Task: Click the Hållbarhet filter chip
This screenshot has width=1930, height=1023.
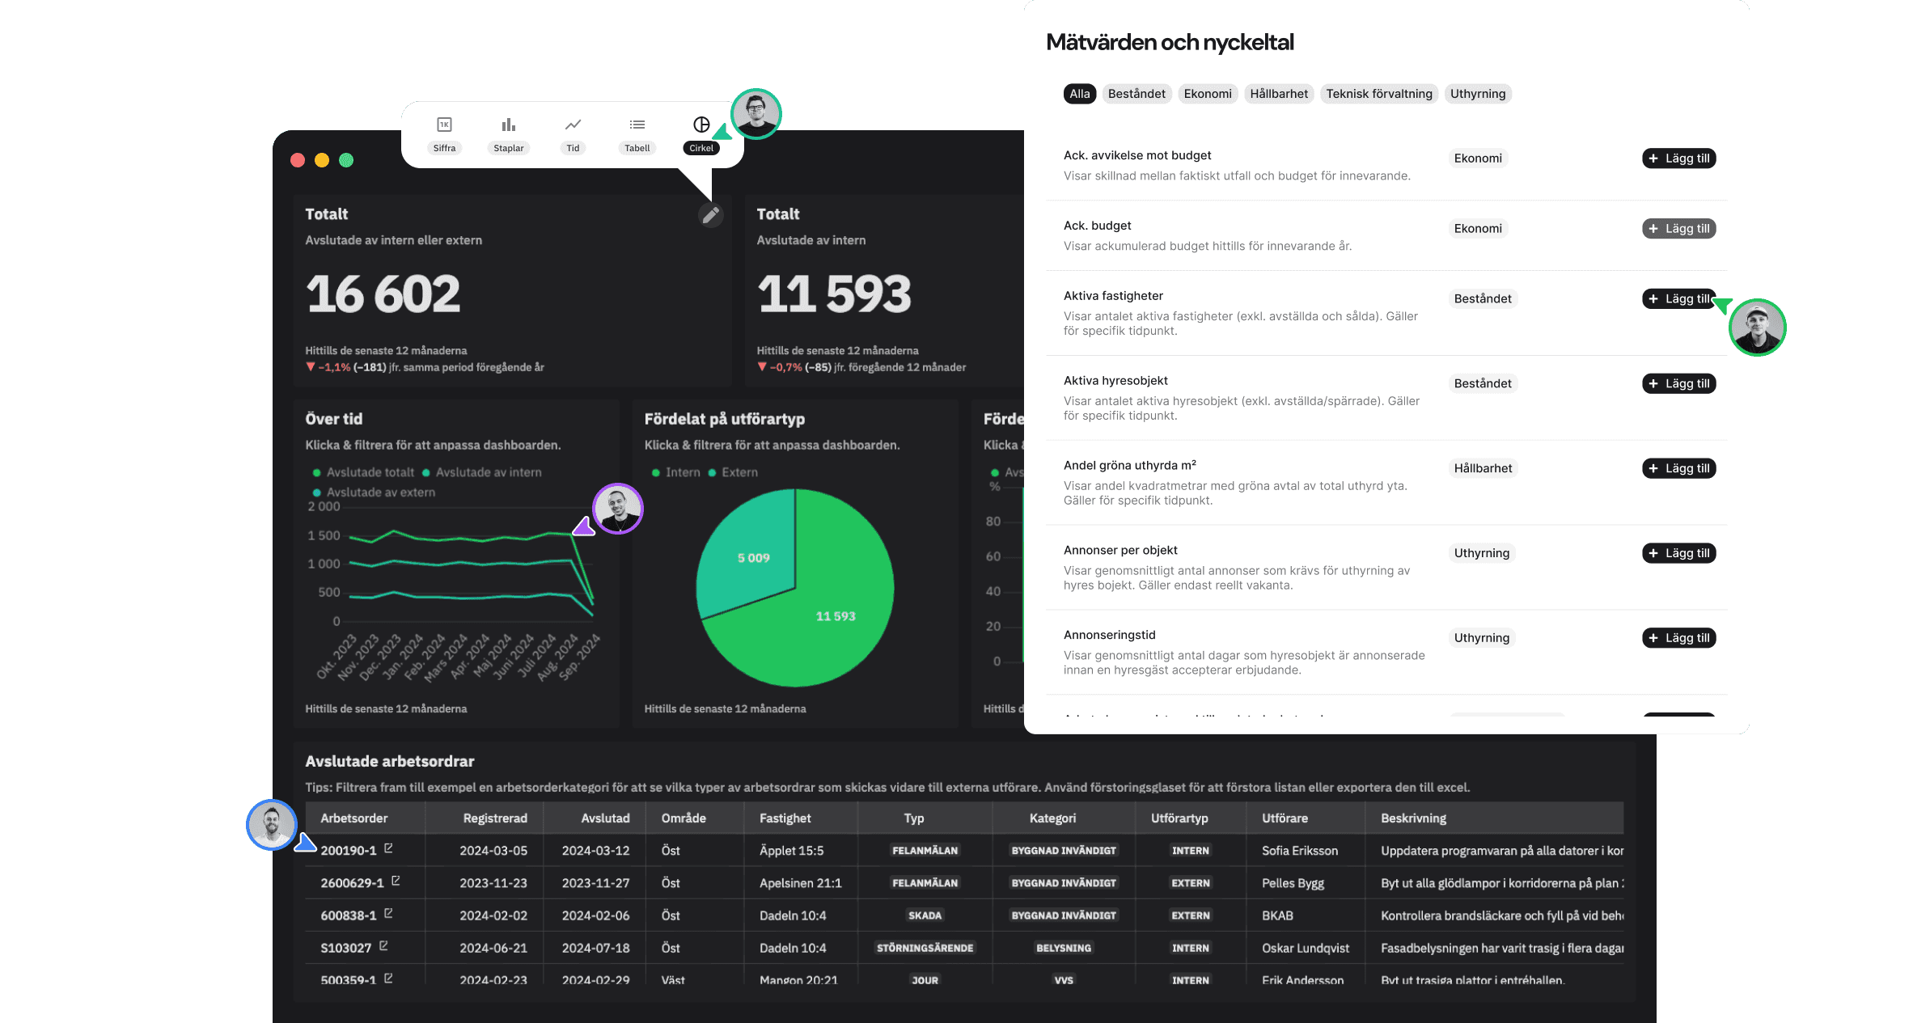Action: point(1278,94)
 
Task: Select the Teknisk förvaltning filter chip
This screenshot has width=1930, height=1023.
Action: point(1378,94)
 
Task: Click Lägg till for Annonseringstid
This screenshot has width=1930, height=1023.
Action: point(1678,638)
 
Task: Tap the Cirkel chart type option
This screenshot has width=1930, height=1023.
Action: point(701,133)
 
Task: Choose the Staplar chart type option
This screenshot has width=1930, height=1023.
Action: point(508,133)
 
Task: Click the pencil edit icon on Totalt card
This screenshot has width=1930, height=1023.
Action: point(710,215)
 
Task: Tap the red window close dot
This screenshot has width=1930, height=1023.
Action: point(298,160)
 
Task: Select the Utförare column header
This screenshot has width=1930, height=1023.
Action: point(1285,818)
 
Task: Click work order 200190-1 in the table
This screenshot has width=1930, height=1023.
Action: point(349,851)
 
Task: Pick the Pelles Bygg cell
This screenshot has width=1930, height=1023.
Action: point(1293,883)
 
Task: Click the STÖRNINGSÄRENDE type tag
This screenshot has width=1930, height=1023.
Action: point(925,948)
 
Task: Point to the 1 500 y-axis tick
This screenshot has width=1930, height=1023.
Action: point(324,535)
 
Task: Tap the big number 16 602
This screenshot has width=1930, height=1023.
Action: point(383,294)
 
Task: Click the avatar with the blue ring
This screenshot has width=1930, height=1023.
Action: point(272,824)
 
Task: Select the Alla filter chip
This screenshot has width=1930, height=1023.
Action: point(1079,94)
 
